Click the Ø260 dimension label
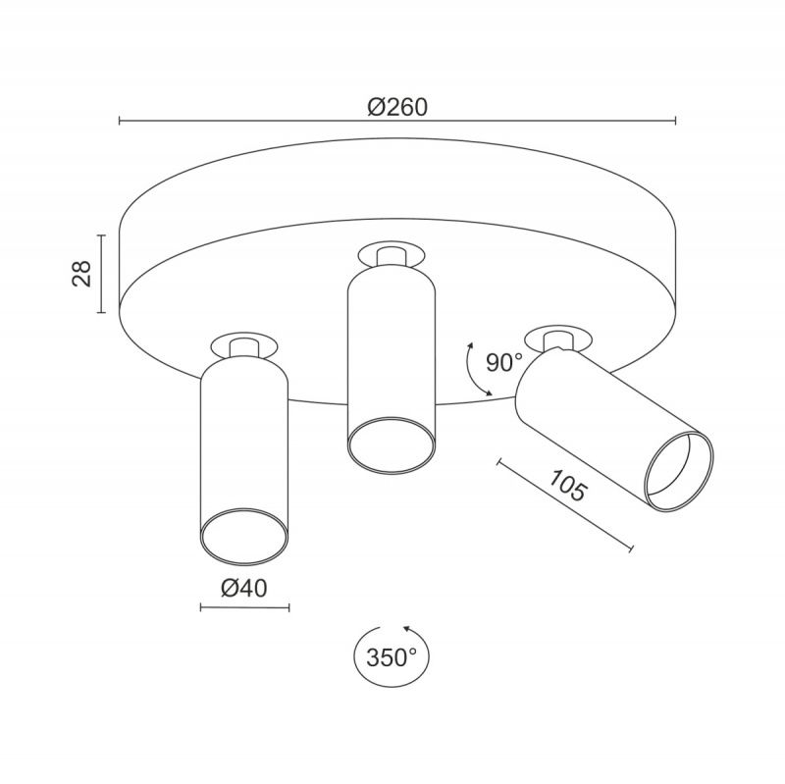397,107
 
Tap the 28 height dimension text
82,274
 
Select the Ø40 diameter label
243,588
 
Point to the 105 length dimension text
567,485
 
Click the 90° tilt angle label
504,362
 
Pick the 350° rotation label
392,657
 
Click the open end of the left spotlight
244,536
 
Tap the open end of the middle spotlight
391,445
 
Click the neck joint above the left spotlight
243,347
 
